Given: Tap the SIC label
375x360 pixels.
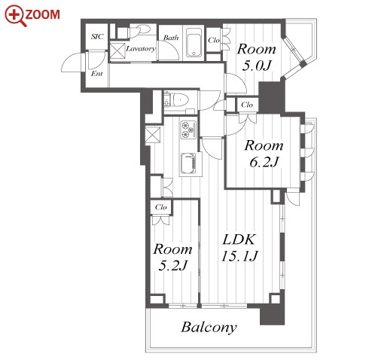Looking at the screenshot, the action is [x=97, y=37].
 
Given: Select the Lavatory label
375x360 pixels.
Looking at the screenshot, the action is [x=141, y=48].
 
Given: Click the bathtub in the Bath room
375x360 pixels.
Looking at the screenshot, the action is [x=194, y=43].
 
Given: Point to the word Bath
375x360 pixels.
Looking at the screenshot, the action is [x=171, y=38].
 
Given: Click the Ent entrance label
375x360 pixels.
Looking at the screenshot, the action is [x=97, y=74].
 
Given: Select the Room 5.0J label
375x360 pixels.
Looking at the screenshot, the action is [x=257, y=57].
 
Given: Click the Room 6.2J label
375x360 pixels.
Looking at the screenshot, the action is [x=264, y=154].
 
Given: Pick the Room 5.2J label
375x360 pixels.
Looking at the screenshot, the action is [x=173, y=257].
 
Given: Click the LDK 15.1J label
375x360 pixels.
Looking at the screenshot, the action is [x=239, y=248].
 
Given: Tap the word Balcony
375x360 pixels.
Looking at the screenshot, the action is [x=209, y=328].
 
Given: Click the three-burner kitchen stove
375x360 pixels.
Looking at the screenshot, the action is [x=188, y=129].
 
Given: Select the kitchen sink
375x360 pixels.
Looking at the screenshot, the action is [x=188, y=163].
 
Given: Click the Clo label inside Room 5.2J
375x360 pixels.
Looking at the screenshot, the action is [x=161, y=207].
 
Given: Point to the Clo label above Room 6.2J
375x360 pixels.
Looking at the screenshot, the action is [x=247, y=105].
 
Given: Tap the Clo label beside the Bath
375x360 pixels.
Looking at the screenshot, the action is [x=214, y=40].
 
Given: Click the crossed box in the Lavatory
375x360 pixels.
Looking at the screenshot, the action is [x=117, y=51].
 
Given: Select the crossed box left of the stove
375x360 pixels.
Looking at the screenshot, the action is [x=153, y=135].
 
